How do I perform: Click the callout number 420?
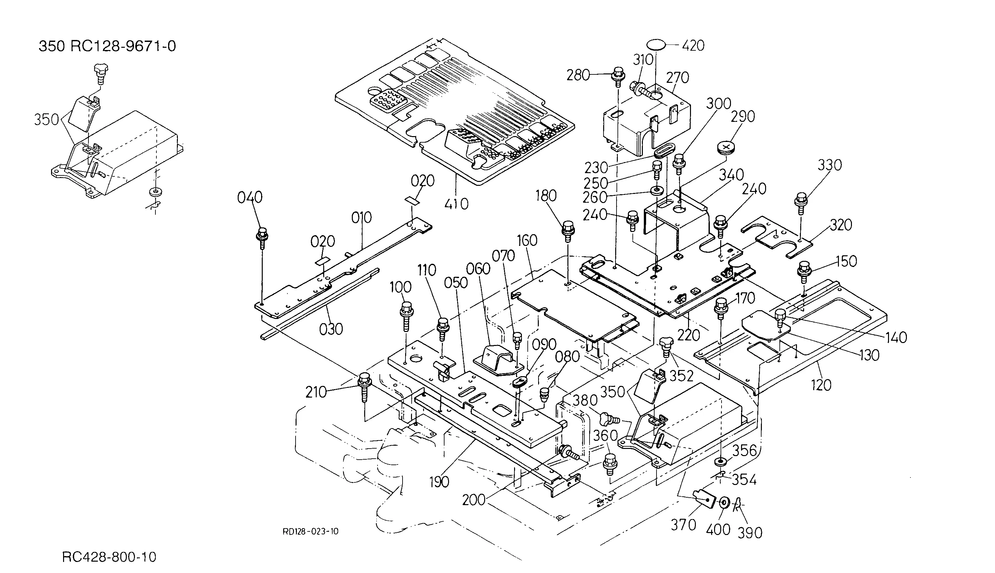(693, 46)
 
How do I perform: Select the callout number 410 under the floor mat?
(457, 204)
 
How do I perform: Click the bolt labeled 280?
(618, 77)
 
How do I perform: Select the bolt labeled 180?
(568, 232)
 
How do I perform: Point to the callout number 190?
(439, 482)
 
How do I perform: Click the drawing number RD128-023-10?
(311, 532)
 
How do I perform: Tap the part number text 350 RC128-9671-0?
(107, 46)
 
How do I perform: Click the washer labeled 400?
(724, 503)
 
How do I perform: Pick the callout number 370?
(683, 525)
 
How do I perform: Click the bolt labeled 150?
(804, 272)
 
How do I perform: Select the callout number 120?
(821, 385)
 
